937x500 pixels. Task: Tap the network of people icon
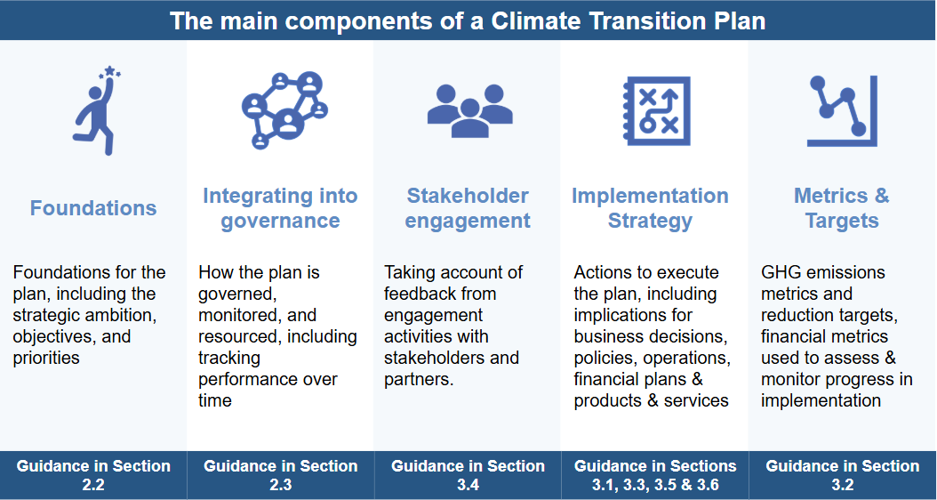[284, 110]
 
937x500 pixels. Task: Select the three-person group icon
[469, 111]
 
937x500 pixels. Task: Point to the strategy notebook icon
[656, 110]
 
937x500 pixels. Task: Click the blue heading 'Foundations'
[93, 208]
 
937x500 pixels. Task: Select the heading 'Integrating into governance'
[280, 208]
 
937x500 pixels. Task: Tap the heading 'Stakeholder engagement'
[468, 208]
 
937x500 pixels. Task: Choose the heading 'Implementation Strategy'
[650, 208]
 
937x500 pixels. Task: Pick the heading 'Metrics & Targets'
[842, 208]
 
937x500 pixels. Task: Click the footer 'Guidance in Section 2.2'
[93, 475]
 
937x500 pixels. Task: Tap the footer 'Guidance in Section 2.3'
[281, 475]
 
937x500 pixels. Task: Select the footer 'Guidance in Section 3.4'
[468, 475]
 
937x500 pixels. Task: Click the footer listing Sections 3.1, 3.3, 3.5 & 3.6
[655, 475]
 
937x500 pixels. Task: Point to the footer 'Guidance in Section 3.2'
[843, 475]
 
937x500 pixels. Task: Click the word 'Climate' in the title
[536, 21]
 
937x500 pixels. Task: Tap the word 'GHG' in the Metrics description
[781, 272]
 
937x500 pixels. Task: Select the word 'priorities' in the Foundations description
[46, 359]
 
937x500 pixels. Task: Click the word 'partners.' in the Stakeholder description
[419, 380]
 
